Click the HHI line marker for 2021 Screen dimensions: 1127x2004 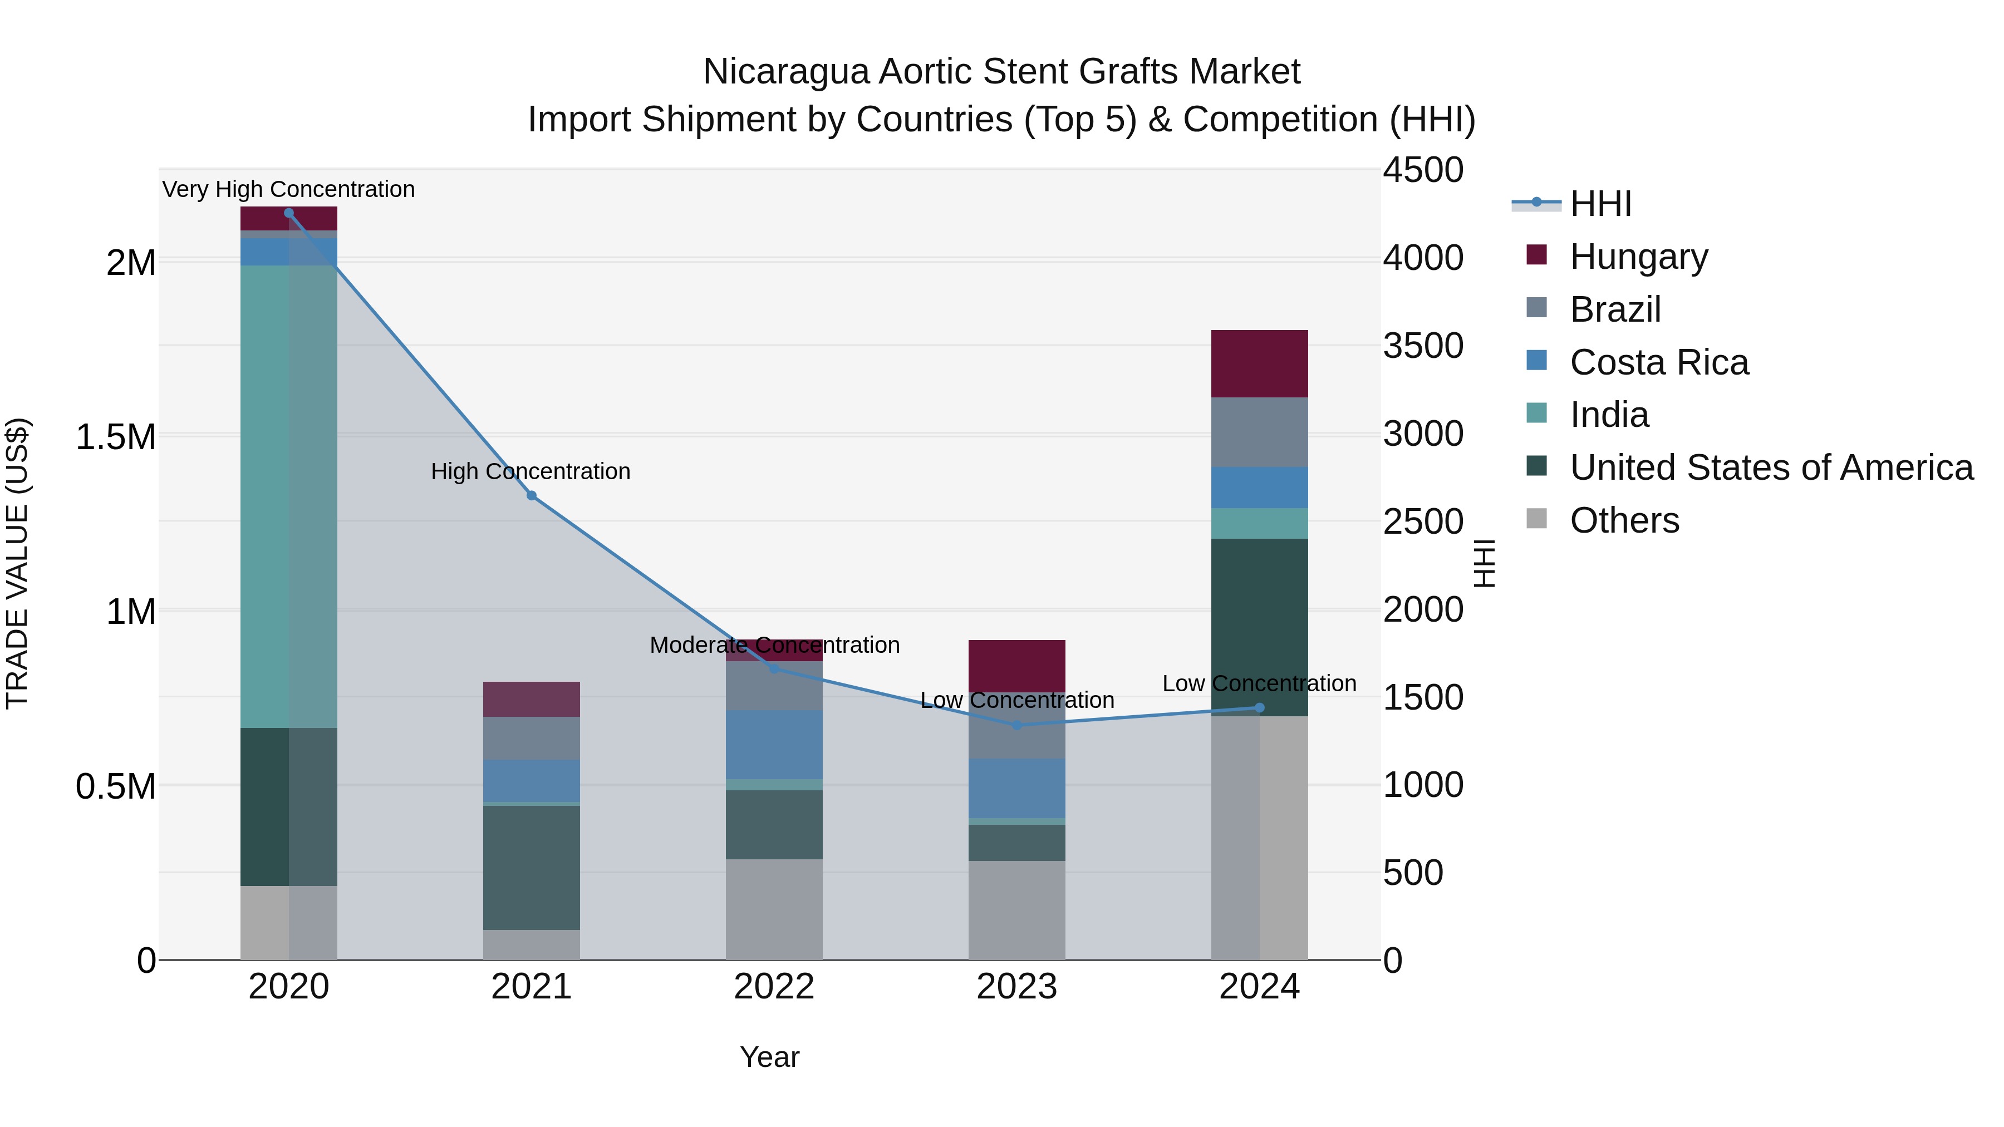tap(532, 495)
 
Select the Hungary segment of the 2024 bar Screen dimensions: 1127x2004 tap(1260, 363)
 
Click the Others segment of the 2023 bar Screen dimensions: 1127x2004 tap(1017, 910)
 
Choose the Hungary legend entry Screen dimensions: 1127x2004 tap(1638, 257)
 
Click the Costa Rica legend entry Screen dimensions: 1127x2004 tap(1659, 362)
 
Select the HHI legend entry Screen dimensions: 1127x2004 tap(1600, 204)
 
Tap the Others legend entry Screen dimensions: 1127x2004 tap(1624, 520)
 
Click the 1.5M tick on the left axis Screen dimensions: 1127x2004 tap(116, 437)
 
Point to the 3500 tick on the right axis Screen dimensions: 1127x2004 tap(1423, 346)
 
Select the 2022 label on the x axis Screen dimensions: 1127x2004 tap(774, 987)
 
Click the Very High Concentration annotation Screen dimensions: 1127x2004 tap(288, 189)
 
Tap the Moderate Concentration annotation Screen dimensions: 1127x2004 tap(774, 645)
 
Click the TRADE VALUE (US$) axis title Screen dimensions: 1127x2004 tap(17, 563)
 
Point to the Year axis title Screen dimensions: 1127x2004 tap(769, 1057)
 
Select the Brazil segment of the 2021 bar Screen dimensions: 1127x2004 tap(532, 738)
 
